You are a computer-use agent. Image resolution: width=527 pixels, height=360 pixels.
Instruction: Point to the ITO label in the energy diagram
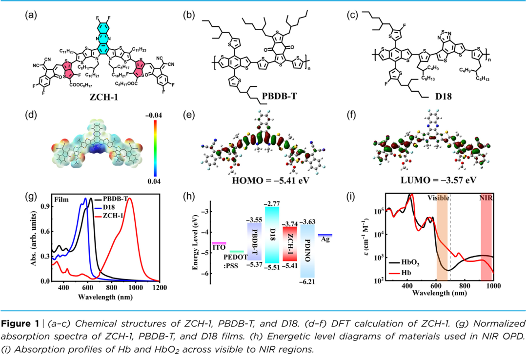tap(218, 248)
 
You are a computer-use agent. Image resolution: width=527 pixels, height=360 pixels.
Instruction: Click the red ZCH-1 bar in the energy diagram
tap(290, 243)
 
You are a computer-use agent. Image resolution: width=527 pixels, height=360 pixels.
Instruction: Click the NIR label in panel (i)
tap(486, 199)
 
